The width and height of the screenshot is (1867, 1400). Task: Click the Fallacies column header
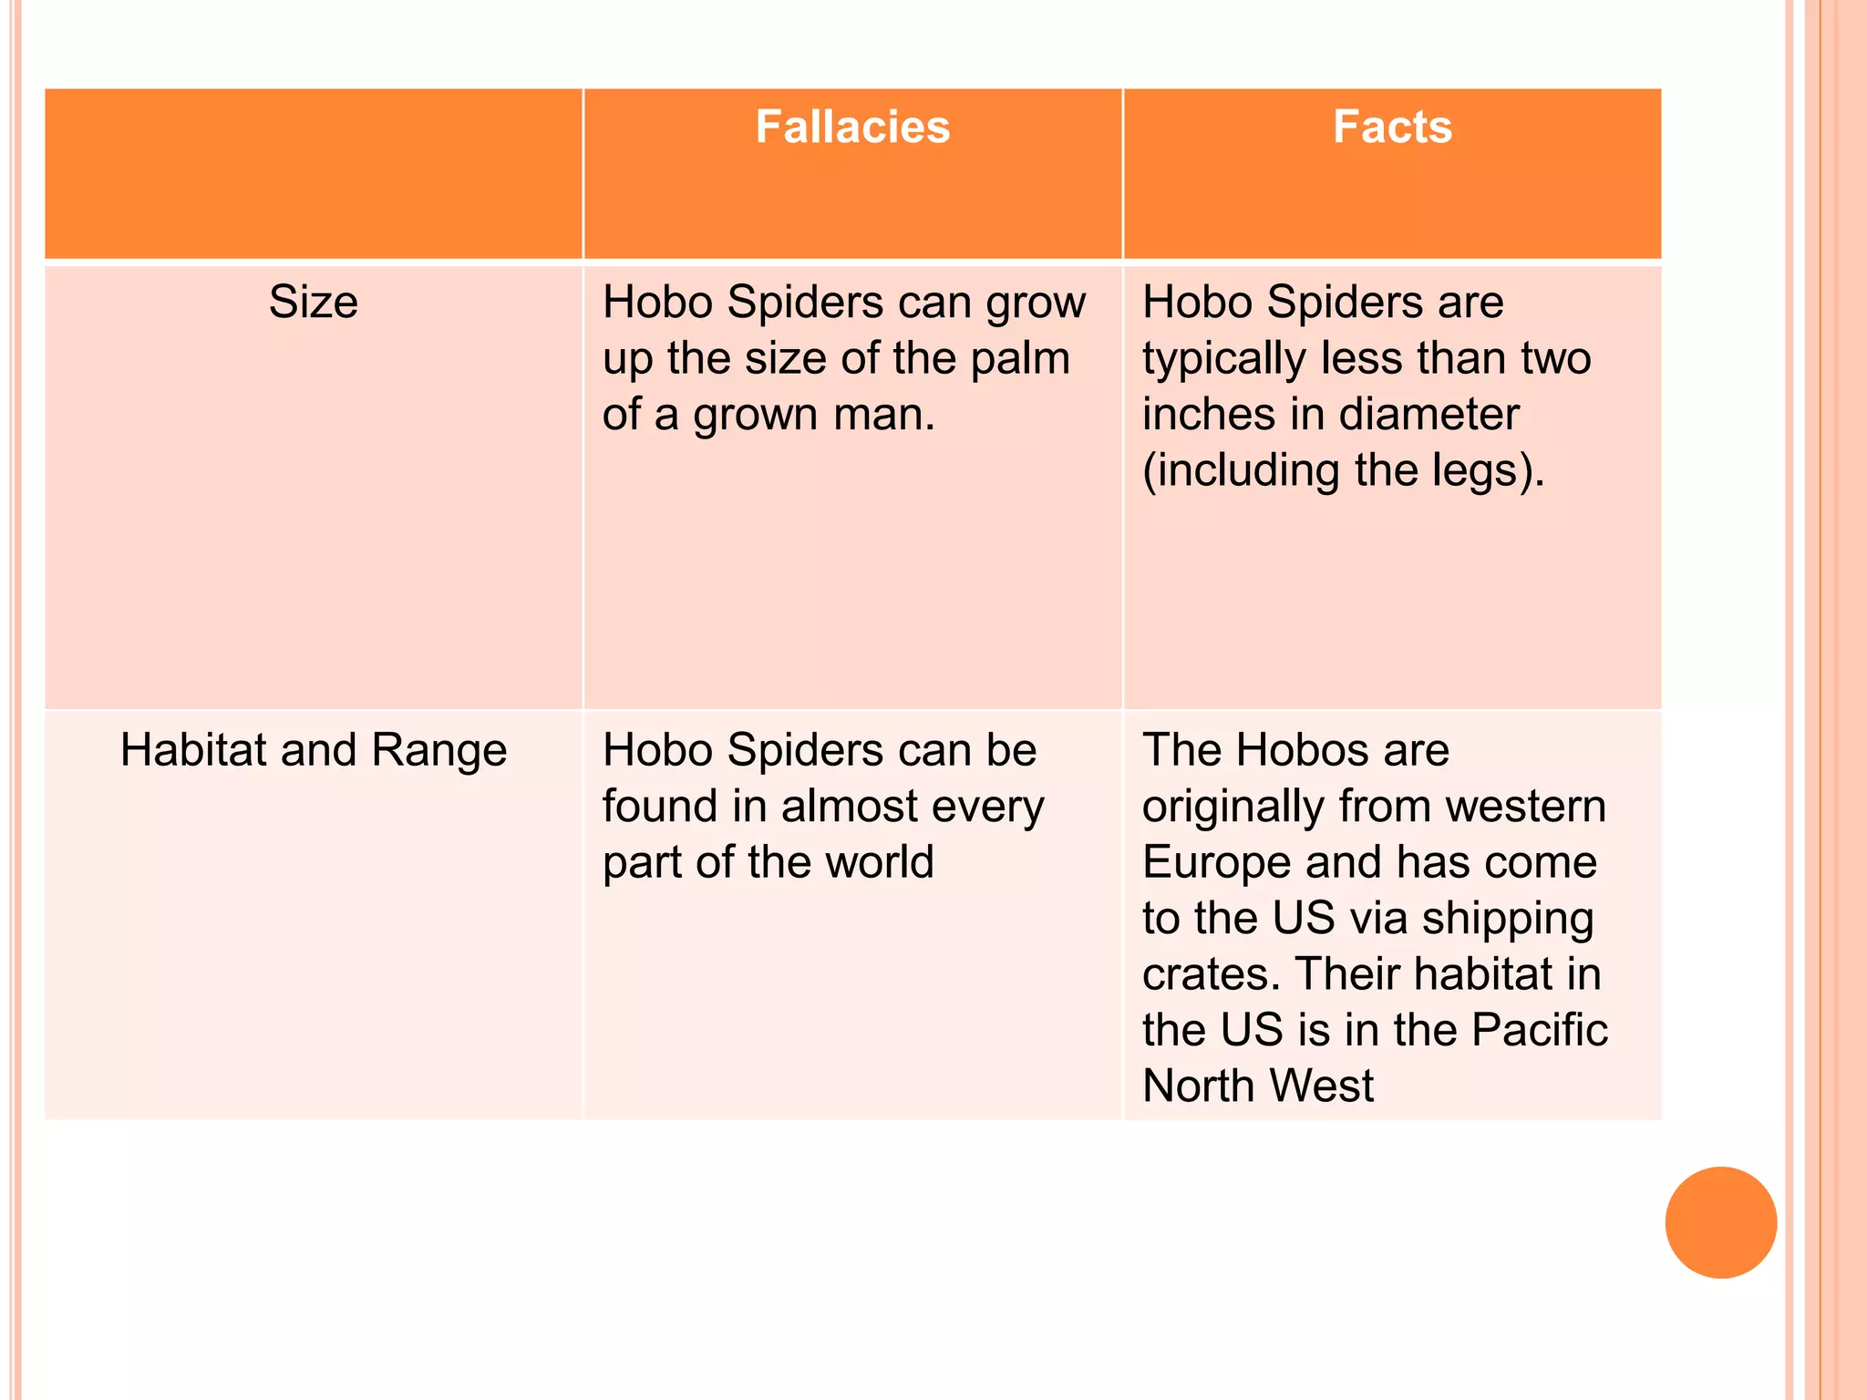click(x=852, y=127)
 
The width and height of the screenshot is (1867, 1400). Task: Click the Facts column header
click(x=1392, y=127)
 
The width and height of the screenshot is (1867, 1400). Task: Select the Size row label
click(x=314, y=302)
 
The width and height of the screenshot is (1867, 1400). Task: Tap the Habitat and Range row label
click(x=314, y=750)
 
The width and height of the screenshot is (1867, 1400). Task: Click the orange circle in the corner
click(x=1720, y=1222)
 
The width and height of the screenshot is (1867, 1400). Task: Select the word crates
click(x=1210, y=974)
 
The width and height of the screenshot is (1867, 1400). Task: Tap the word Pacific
click(x=1540, y=1031)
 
